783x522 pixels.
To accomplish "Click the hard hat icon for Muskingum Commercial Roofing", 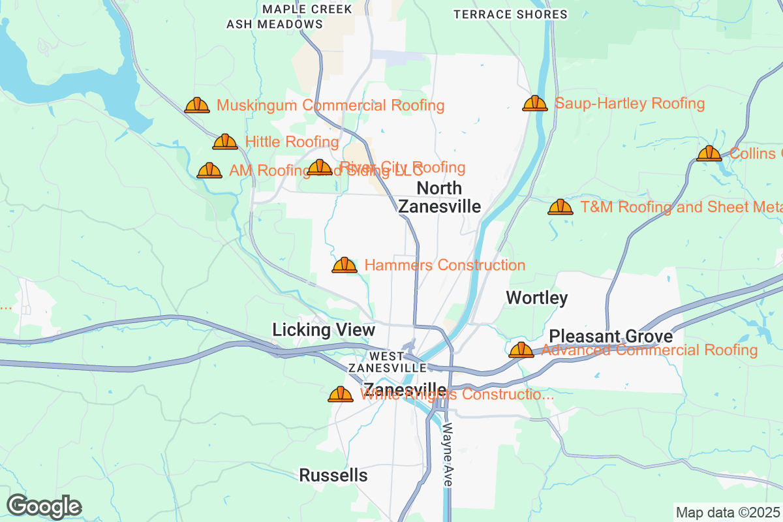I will click(x=197, y=105).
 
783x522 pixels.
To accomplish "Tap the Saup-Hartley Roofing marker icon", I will click(x=535, y=103).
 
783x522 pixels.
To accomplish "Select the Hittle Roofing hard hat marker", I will click(x=225, y=142).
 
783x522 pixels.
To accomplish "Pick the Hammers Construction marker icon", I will click(x=345, y=265).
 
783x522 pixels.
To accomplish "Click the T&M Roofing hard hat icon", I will click(x=560, y=207).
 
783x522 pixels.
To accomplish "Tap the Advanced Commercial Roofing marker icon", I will click(x=521, y=350).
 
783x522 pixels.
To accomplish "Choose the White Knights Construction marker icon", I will click(x=341, y=394).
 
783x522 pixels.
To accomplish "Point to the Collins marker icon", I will click(x=709, y=153).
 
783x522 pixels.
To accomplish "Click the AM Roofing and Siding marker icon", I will click(x=209, y=170).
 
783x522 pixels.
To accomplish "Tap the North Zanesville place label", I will click(x=440, y=197).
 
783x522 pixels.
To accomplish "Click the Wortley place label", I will click(x=537, y=298).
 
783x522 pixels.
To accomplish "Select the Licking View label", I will click(x=324, y=330).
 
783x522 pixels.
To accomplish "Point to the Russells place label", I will click(x=333, y=476).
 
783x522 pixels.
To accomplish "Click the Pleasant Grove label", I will click(x=611, y=336).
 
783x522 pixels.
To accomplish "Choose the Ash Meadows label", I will click(x=275, y=24).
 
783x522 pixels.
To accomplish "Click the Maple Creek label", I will click(x=307, y=9).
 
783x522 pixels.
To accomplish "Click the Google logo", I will click(x=44, y=506).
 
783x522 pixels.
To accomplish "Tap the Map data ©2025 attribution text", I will click(x=728, y=512).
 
